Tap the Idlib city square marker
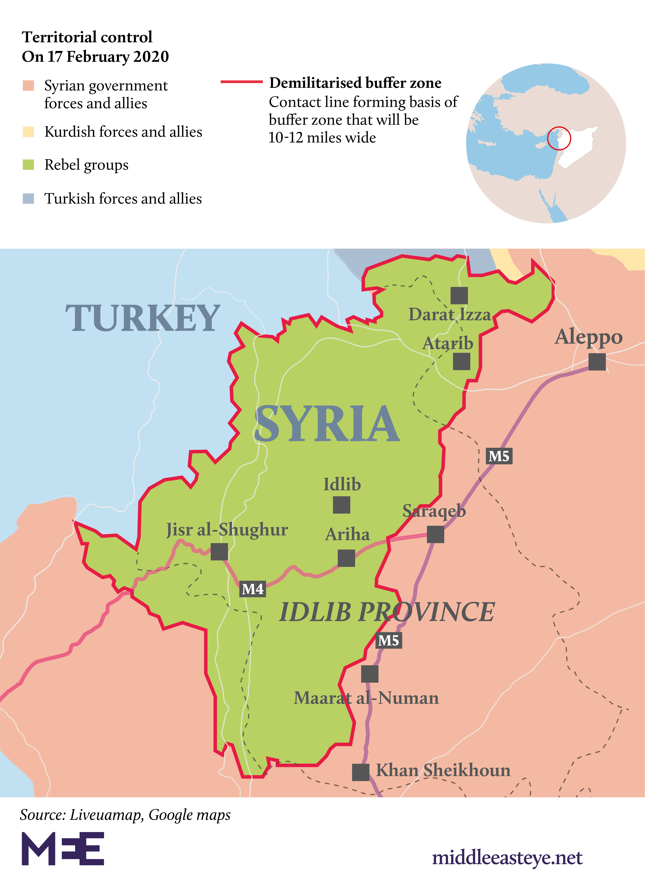point(342,505)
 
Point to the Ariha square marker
point(346,558)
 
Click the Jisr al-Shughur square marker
point(219,552)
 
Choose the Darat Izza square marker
point(459,296)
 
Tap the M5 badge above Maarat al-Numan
point(388,640)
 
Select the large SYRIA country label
point(327,424)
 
